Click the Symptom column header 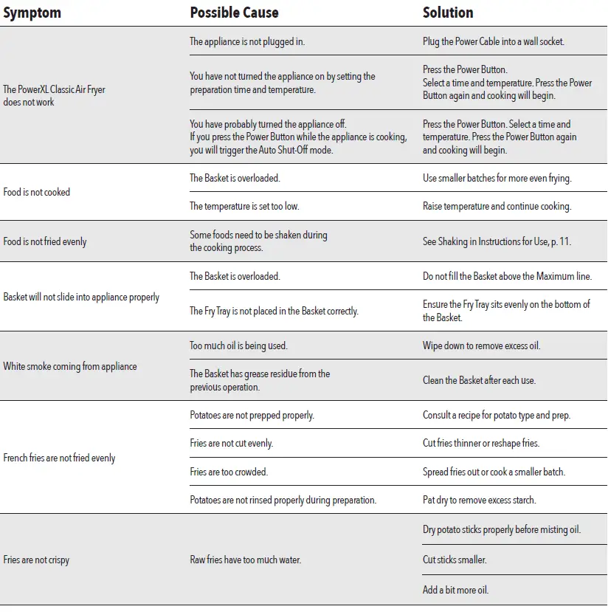[32, 13]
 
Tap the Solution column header [448, 13]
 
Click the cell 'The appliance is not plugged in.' [247, 41]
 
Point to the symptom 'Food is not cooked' [37, 192]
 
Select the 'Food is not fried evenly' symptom [45, 241]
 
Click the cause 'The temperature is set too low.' [244, 206]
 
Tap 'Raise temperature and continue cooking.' [497, 206]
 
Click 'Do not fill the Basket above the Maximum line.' [507, 276]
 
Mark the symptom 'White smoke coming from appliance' [70, 366]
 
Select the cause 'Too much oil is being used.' [238, 345]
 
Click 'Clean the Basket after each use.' [479, 380]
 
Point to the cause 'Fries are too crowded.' [229, 472]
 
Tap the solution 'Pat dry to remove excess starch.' [479, 500]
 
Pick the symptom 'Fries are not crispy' [36, 560]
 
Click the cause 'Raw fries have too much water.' [245, 560]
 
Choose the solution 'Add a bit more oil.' [455, 590]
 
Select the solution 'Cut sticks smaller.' [455, 560]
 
